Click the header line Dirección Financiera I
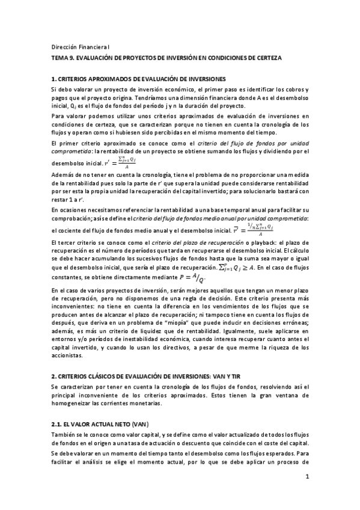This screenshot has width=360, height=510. pos(80,47)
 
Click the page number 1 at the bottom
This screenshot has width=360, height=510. pos(307,477)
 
